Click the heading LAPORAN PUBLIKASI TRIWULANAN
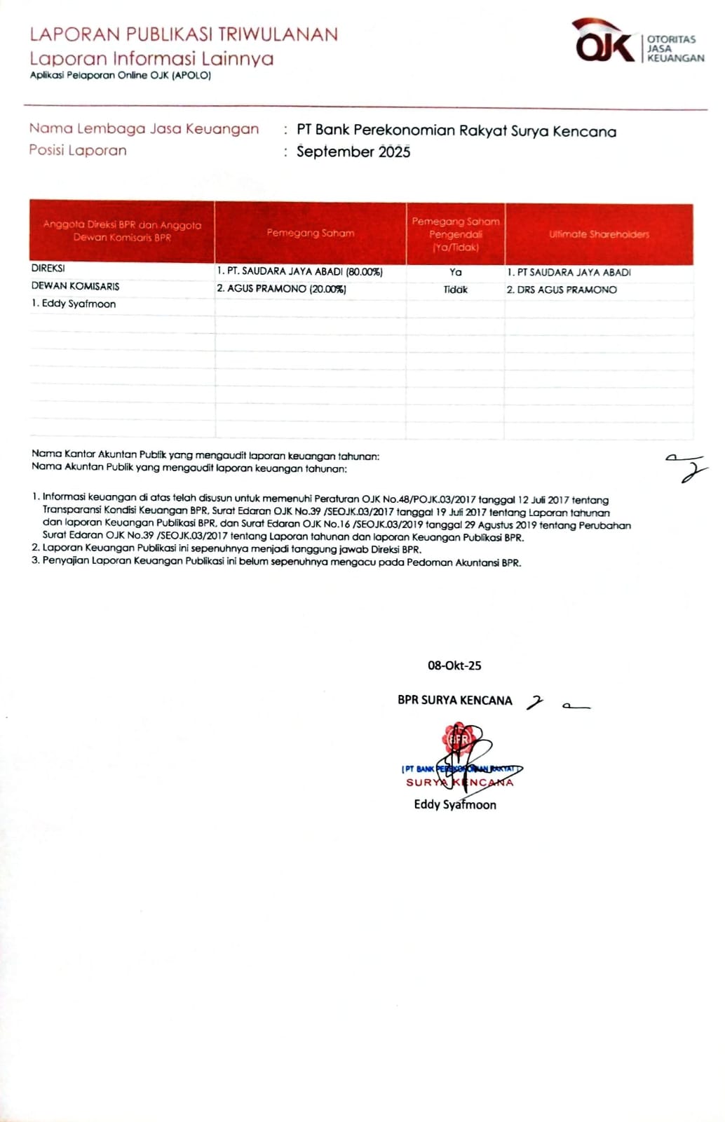click(184, 34)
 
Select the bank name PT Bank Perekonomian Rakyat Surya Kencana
click(456, 131)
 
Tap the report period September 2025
click(353, 151)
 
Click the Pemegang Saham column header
click(311, 233)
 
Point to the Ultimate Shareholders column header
click(599, 234)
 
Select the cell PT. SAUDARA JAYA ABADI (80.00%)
click(299, 271)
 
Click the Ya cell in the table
click(455, 272)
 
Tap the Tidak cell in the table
click(455, 290)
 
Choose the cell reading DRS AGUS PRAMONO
click(562, 290)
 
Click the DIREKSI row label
click(48, 269)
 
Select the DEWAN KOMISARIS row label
click(75, 286)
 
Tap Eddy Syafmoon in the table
click(74, 304)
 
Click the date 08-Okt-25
click(454, 665)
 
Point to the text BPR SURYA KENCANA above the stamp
click(454, 700)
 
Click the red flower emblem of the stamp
click(459, 738)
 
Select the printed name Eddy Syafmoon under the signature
click(454, 805)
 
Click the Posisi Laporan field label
click(78, 150)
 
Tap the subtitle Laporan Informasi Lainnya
click(151, 58)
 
